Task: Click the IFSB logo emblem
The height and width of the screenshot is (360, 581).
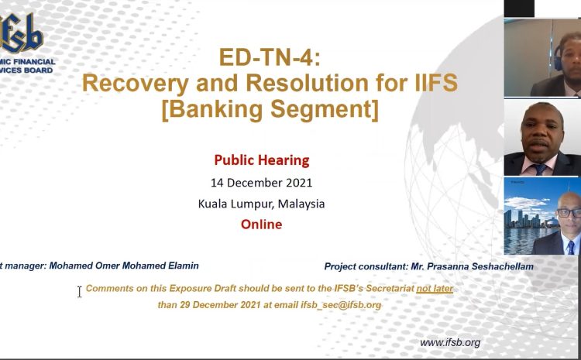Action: pos(21,33)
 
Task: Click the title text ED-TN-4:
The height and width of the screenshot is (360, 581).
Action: pos(270,57)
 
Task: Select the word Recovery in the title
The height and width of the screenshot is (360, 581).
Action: pos(136,83)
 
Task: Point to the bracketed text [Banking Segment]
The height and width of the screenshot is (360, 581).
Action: pos(270,109)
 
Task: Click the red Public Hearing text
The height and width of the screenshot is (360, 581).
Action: pos(262,160)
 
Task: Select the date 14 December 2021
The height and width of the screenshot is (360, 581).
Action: pos(262,183)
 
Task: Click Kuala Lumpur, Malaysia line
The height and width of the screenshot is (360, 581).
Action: pos(261,204)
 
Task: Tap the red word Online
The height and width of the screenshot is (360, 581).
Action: pos(262,224)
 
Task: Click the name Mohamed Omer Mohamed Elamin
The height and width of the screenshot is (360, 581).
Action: pos(124,266)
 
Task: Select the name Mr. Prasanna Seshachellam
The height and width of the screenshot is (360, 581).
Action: pos(472,266)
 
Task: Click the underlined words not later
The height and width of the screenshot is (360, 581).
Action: pos(435,289)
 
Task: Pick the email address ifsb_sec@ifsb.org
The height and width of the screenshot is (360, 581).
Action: pos(341,305)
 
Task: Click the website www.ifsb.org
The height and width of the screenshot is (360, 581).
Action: pos(450,343)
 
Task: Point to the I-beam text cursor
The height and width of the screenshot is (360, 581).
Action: pos(79,291)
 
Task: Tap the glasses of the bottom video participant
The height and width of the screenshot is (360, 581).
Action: pos(569,213)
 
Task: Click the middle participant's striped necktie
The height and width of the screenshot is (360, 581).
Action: pos(540,170)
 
